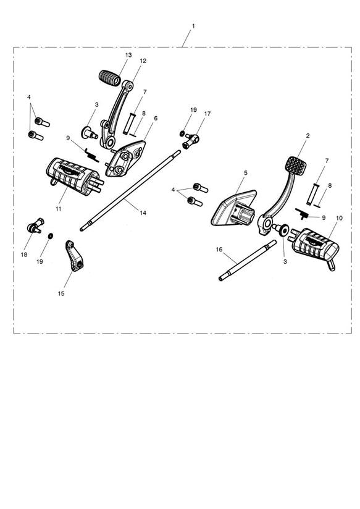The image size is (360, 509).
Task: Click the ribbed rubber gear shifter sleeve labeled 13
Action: click(x=110, y=78)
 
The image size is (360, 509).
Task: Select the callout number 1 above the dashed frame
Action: click(x=194, y=26)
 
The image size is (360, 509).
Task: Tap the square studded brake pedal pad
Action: click(x=296, y=166)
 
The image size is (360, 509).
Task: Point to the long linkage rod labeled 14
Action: click(x=130, y=190)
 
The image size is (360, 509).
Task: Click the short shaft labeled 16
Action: click(x=248, y=260)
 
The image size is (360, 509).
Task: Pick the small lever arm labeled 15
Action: click(x=75, y=256)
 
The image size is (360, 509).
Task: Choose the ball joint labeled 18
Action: click(x=35, y=225)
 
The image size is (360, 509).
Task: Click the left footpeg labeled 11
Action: click(x=74, y=177)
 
